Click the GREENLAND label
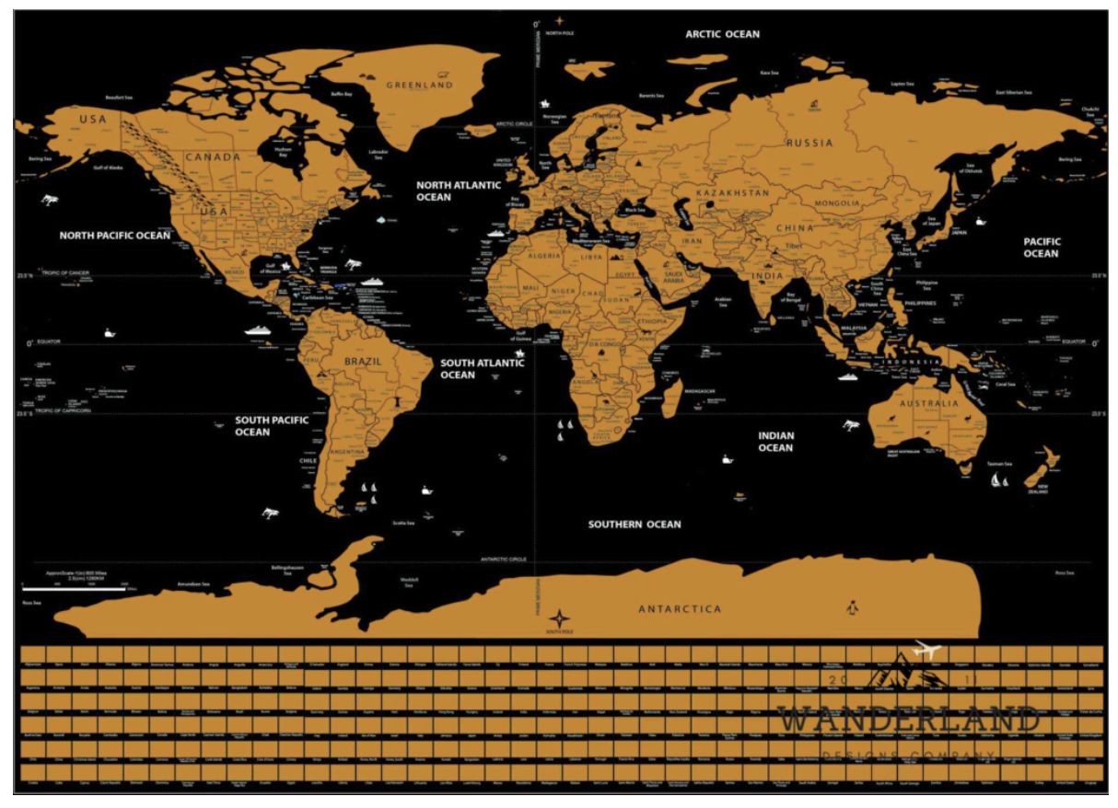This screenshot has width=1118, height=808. tap(419, 85)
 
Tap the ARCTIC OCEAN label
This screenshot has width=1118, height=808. tap(722, 34)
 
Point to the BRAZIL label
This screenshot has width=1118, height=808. tap(362, 362)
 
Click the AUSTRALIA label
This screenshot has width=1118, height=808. tap(929, 404)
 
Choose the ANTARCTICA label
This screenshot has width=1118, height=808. tap(680, 609)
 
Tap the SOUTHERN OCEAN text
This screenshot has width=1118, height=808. tap(635, 525)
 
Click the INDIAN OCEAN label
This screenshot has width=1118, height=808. tap(775, 442)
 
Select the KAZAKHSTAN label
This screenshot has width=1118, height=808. tap(732, 193)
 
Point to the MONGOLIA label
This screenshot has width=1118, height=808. tap(836, 202)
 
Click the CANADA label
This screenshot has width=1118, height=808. tap(213, 156)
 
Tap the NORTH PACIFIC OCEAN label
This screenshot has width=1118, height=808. tap(115, 236)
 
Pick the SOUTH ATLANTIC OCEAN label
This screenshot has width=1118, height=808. tap(482, 369)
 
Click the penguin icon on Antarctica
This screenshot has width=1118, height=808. tap(851, 607)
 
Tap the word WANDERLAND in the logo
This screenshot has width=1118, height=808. tap(907, 720)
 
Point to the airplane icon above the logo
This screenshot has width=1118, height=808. tap(924, 651)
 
